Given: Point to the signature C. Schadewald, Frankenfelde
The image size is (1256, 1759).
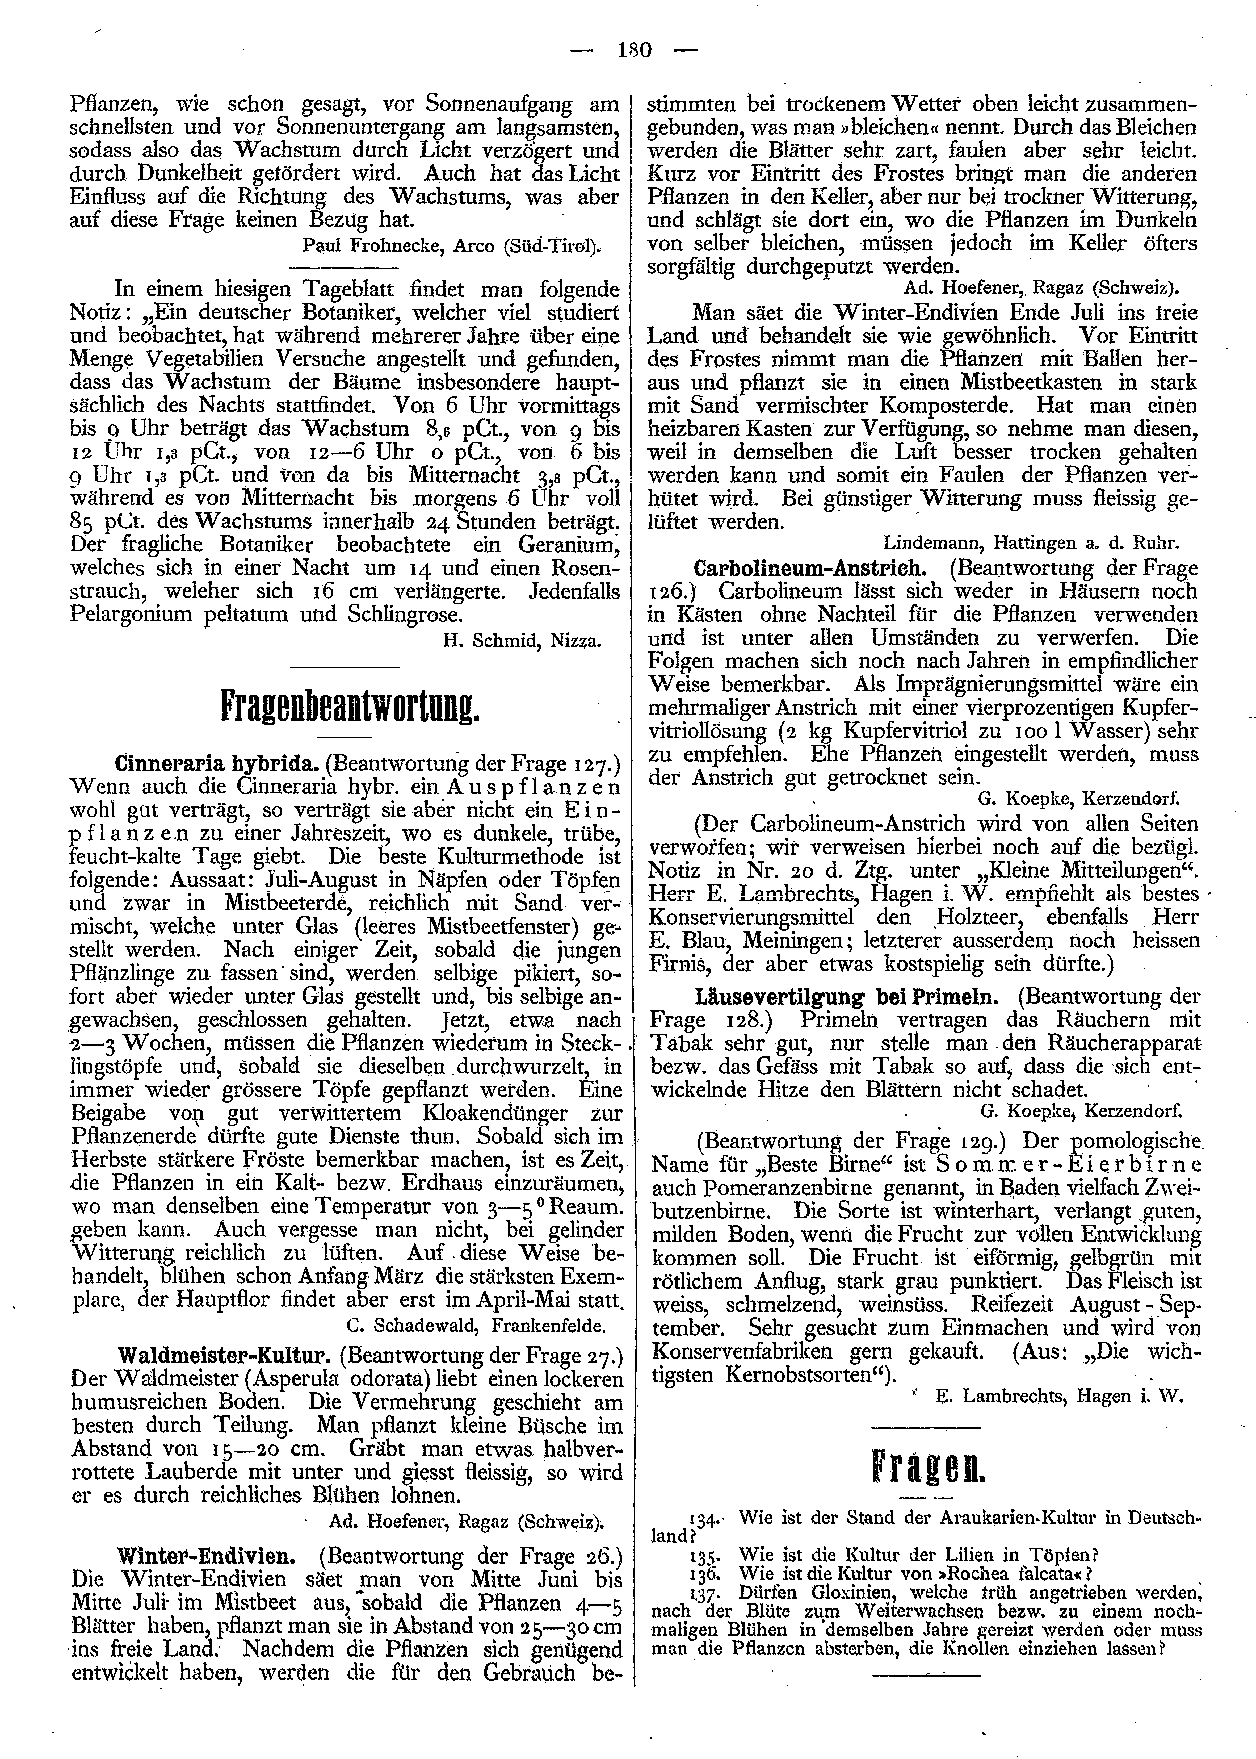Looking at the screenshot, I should [476, 1325].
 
